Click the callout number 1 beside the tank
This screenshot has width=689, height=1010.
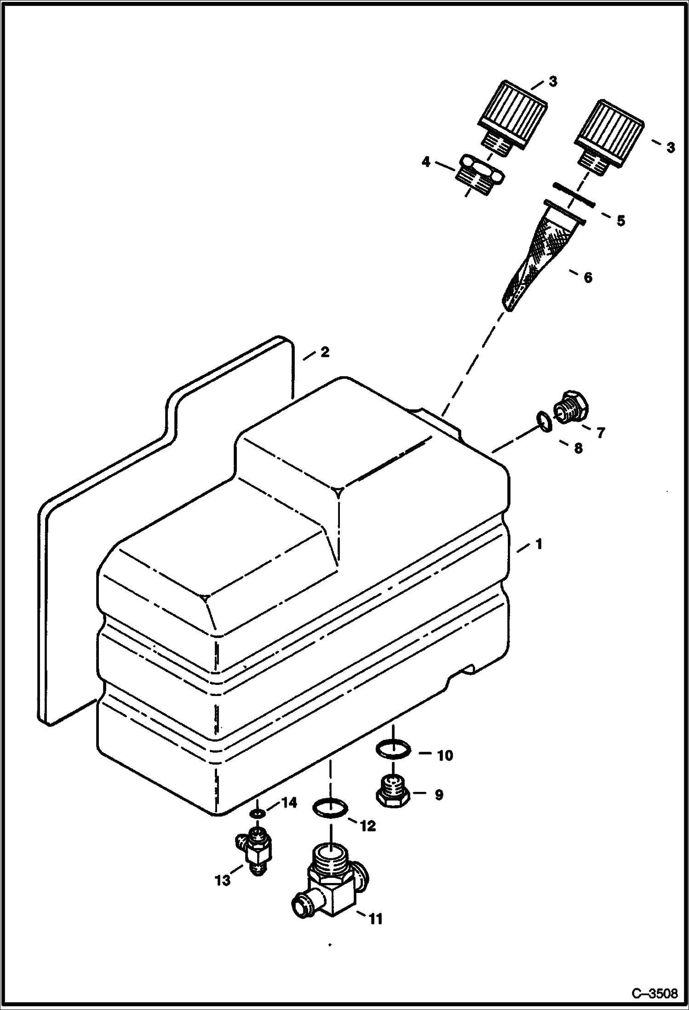pyautogui.click(x=538, y=544)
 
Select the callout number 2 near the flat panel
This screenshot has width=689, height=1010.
pyautogui.click(x=324, y=352)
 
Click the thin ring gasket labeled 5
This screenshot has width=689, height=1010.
pyautogui.click(x=574, y=194)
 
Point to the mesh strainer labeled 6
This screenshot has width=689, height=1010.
pyautogui.click(x=538, y=258)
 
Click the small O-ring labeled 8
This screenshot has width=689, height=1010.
pyautogui.click(x=544, y=421)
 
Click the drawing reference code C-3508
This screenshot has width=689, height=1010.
pyautogui.click(x=654, y=993)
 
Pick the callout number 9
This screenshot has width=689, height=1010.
pyautogui.click(x=439, y=795)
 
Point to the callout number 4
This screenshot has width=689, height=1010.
pyautogui.click(x=426, y=162)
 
